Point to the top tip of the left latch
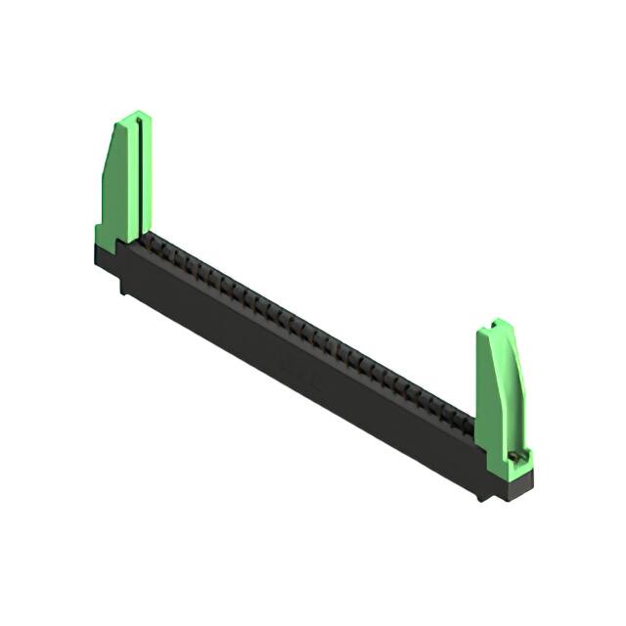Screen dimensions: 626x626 pyautogui.click(x=140, y=113)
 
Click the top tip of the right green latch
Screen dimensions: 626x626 pyautogui.click(x=500, y=321)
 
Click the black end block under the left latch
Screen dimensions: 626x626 pyautogui.click(x=106, y=256)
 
